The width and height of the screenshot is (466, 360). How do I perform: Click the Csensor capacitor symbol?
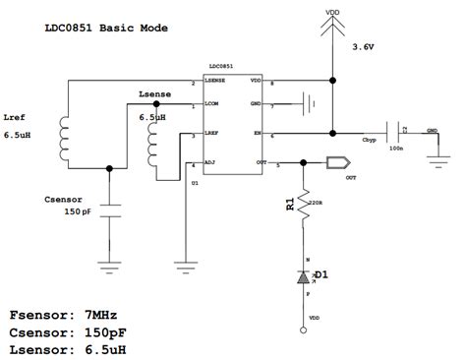point(109,210)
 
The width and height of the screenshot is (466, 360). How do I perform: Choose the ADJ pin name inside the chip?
point(211,161)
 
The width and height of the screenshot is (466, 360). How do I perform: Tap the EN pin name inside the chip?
point(257,132)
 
